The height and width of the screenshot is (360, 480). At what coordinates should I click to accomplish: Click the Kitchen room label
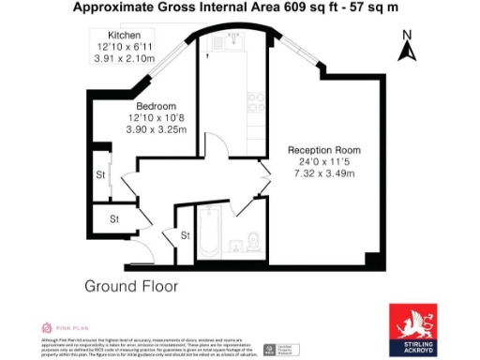124,35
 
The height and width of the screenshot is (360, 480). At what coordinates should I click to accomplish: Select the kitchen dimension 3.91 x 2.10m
124,59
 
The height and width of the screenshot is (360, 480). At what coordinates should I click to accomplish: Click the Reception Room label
324,150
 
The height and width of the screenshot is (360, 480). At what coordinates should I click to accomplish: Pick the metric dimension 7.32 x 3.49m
324,173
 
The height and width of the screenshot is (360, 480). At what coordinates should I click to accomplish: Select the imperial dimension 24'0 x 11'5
324,162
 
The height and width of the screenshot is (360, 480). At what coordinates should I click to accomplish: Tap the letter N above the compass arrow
406,36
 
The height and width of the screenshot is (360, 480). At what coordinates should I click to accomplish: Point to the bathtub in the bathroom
208,237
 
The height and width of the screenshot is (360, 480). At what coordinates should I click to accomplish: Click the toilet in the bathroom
254,243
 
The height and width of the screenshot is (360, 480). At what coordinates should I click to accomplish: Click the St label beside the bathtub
185,235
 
